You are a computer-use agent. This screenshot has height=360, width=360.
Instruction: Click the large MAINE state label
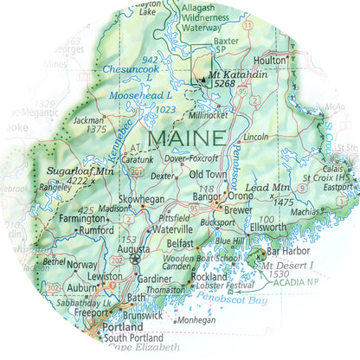pos(187,137)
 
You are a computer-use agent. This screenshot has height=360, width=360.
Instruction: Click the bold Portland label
pos(120,329)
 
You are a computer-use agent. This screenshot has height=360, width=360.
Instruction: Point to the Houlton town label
pos(269,61)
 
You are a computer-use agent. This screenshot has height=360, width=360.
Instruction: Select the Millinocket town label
pos(209,114)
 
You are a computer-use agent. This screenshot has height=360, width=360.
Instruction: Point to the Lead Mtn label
pos(267,188)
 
